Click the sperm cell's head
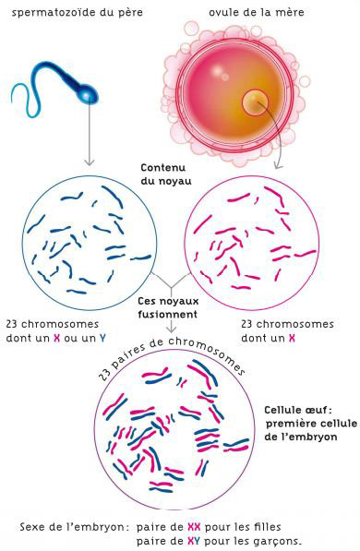[87, 94]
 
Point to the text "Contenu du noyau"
[165, 174]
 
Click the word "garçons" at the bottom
[278, 541]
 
